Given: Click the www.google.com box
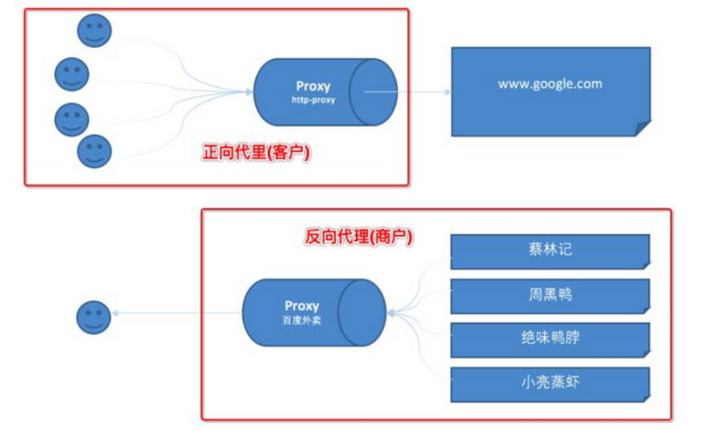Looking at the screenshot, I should [550, 91].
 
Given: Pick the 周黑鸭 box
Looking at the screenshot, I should [550, 295].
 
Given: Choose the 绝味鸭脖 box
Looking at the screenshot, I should [550, 338].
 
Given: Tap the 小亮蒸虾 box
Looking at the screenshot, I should [550, 383].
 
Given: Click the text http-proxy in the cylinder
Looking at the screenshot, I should [313, 100].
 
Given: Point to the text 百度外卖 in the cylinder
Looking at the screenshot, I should [302, 320].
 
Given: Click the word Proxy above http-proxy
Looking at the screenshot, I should [313, 86].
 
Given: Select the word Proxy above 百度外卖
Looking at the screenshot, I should [302, 306].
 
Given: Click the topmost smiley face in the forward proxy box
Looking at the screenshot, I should [94, 30].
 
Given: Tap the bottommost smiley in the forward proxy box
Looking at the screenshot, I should [94, 151].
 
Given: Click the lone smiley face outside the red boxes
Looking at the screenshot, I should [93, 317].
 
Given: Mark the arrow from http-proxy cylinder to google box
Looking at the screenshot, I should [408, 91].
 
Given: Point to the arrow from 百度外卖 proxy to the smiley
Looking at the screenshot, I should [175, 313].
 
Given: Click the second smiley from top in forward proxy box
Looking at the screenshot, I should [72, 74].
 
